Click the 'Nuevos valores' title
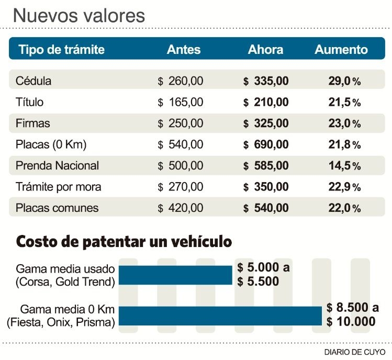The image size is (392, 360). coord(79,16)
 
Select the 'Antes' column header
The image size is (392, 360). coord(184,49)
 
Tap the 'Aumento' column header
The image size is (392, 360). coord(341,49)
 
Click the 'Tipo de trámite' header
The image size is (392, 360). coord(62,49)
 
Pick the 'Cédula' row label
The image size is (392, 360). coord(33,81)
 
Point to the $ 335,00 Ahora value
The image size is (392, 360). coord(266,81)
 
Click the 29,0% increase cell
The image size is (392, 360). coord(344,81)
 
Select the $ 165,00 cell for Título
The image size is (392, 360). coord(181,102)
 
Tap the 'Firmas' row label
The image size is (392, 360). coord(33,123)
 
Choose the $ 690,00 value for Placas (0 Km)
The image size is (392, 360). coord(266,144)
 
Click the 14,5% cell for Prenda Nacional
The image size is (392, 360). coord(344,165)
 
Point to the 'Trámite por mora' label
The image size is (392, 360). coord(59,187)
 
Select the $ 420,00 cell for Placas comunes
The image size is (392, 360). coord(181,208)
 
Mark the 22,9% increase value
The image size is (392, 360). coord(344,187)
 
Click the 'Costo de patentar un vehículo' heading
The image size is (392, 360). coord(124,242)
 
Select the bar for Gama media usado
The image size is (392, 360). coord(175,275)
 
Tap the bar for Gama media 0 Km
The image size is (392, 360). coord(220,316)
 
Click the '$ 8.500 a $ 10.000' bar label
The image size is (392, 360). coord(353,314)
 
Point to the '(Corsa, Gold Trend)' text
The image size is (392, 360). coord(65,282)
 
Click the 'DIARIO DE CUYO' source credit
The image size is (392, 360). coord(355,352)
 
